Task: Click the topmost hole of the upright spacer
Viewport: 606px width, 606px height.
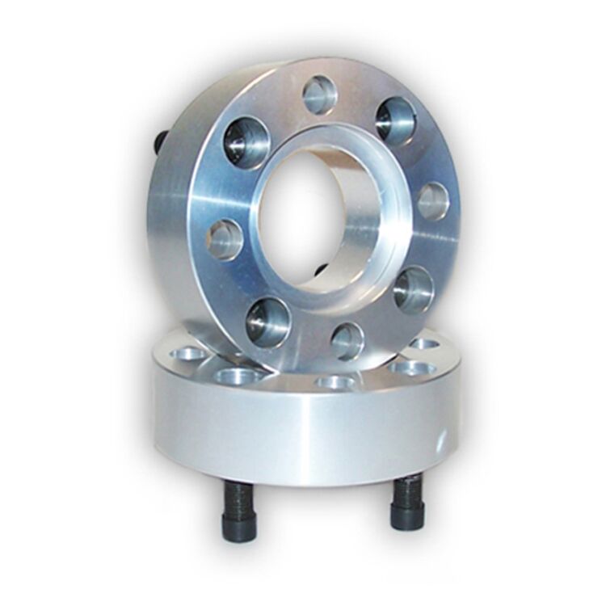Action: (x=320, y=95)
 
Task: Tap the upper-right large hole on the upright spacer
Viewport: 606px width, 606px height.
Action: (x=395, y=120)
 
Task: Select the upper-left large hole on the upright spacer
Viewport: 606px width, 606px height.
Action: (x=246, y=142)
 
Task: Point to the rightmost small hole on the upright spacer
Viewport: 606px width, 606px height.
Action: (x=432, y=201)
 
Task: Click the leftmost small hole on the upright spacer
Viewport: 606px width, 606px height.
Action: (x=225, y=239)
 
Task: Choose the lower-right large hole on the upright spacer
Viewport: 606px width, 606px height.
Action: (x=414, y=290)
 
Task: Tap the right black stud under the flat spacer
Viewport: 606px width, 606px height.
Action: (x=406, y=503)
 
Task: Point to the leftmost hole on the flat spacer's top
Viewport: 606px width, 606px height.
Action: (x=188, y=354)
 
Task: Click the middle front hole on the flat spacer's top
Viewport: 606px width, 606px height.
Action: (x=335, y=381)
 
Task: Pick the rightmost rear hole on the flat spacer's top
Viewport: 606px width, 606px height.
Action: (x=423, y=344)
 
